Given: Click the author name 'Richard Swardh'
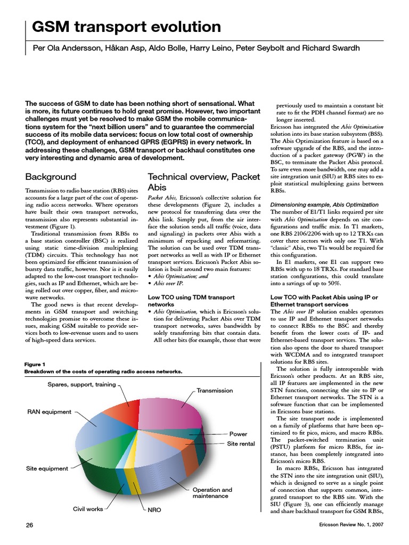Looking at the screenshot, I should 331,48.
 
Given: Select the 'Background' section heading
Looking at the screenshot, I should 51,177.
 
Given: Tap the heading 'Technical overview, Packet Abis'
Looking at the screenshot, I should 203,182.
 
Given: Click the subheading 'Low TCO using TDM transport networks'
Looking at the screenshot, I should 191,301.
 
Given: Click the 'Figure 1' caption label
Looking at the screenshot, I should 35,364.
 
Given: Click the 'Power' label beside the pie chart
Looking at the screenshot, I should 238,434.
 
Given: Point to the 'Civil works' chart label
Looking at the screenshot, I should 88,509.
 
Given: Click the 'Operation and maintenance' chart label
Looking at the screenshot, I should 212,493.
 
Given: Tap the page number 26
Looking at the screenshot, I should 30,525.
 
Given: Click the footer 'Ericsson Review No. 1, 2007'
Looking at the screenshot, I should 349,525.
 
